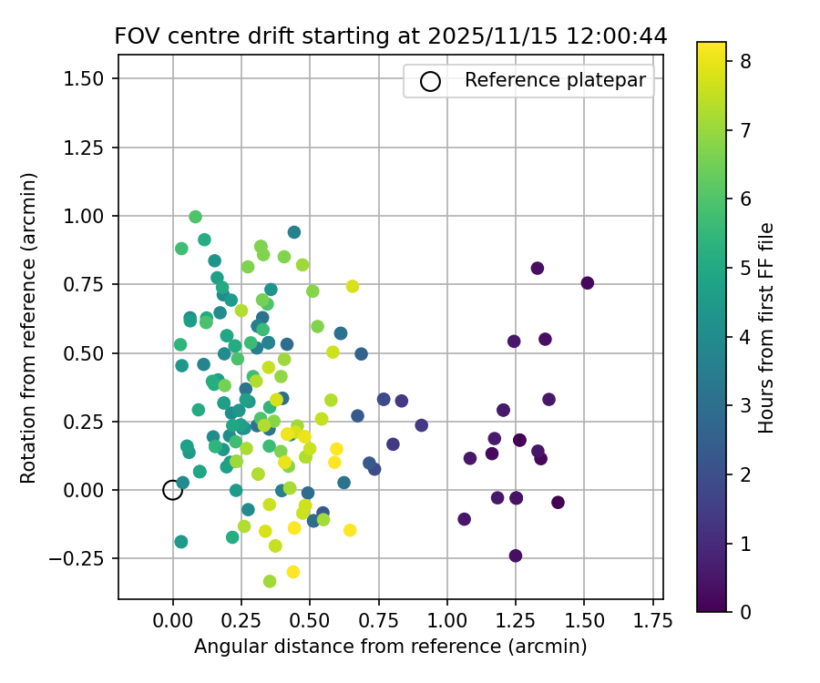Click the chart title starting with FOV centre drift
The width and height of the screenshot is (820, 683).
391,36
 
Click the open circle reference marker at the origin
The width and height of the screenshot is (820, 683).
172,490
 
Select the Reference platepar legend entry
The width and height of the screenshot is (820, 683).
555,80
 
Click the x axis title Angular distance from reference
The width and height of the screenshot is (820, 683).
391,647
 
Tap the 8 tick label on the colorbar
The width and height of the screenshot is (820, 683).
744,60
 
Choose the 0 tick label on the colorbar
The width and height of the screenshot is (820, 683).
744,611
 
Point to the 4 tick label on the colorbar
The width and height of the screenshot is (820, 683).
744,336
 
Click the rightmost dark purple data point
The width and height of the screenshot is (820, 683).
587,283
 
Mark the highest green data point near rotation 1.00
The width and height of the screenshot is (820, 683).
195,217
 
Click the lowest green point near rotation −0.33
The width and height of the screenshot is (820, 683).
270,581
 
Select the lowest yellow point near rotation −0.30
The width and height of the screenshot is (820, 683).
293,572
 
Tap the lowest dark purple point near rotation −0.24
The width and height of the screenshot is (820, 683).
516,556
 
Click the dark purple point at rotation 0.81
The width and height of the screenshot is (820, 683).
538,268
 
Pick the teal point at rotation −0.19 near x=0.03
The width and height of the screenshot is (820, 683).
181,542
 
